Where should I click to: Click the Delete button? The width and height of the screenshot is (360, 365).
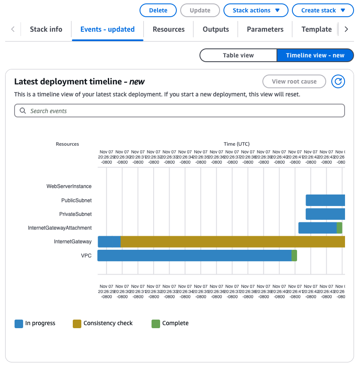click(x=158, y=10)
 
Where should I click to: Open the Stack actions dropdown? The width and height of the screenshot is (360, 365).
click(x=256, y=10)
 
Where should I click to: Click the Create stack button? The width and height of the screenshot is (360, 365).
click(x=323, y=10)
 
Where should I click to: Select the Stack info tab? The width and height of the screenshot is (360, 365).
click(x=46, y=29)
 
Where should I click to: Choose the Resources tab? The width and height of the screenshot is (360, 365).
click(x=169, y=29)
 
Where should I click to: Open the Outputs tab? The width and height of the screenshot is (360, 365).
click(x=216, y=29)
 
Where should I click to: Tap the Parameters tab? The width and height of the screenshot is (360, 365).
click(x=265, y=29)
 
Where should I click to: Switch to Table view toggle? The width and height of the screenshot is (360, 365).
click(x=238, y=55)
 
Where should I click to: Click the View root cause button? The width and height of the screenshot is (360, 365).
click(x=294, y=81)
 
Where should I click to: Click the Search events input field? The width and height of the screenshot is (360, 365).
click(x=180, y=111)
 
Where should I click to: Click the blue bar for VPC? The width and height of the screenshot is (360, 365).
click(x=194, y=255)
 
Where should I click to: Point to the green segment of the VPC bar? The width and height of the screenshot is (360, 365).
click(x=294, y=255)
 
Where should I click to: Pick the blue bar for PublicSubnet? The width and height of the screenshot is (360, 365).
click(x=325, y=200)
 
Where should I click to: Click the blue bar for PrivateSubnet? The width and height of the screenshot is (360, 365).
click(x=325, y=214)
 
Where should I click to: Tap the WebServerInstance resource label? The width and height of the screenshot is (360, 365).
click(x=69, y=186)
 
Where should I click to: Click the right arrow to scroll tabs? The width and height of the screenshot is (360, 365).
click(x=346, y=29)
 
